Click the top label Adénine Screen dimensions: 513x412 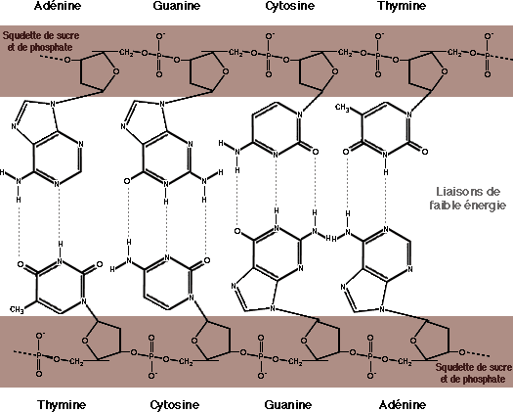(58, 6)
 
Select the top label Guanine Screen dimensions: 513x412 (176, 6)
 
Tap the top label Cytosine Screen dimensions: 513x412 (289, 6)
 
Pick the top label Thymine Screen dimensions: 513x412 (402, 6)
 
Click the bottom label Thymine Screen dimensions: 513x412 (62, 405)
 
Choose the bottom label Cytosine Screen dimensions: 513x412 (174, 405)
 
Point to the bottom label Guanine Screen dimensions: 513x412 (288, 405)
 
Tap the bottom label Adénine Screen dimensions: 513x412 (403, 405)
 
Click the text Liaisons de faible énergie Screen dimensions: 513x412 (467, 199)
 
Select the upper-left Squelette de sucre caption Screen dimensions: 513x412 (41, 41)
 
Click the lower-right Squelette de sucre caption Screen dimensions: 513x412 (473, 373)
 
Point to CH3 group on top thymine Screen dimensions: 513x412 (342, 108)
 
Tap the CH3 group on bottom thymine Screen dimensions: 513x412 (17, 309)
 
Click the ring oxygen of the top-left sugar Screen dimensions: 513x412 (116, 71)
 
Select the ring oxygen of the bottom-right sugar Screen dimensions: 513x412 (413, 341)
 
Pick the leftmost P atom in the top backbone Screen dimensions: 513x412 (159, 55)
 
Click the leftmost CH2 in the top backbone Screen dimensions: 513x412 (126, 53)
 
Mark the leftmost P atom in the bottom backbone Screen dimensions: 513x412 (39, 355)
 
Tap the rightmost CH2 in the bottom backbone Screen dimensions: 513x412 (405, 361)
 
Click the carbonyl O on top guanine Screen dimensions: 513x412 (127, 181)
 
